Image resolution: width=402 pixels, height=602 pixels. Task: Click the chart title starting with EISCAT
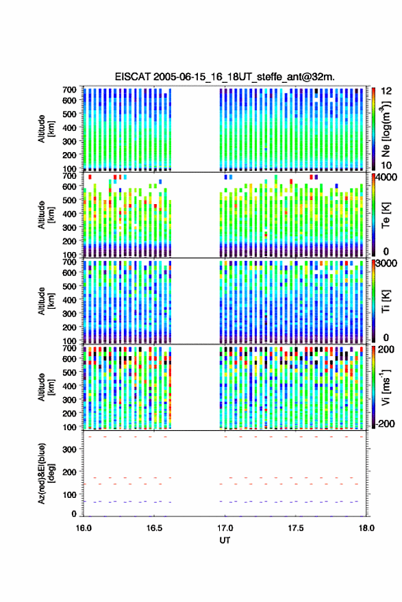click(x=225, y=77)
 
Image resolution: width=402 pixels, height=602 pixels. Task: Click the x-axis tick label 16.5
click(x=154, y=528)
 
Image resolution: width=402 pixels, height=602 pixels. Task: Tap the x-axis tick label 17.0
click(x=225, y=528)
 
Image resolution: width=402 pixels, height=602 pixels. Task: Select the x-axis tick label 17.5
click(x=296, y=528)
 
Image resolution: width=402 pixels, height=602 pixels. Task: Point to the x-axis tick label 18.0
click(x=366, y=528)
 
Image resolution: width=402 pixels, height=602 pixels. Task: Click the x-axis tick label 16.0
click(x=84, y=528)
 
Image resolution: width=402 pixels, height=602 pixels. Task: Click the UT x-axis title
click(x=225, y=540)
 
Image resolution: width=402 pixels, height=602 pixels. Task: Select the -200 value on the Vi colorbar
click(x=386, y=424)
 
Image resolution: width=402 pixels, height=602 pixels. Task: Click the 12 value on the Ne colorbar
click(x=387, y=91)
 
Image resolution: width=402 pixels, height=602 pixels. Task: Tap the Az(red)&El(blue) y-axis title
click(x=45, y=473)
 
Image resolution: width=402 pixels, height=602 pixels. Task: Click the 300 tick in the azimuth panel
click(x=69, y=449)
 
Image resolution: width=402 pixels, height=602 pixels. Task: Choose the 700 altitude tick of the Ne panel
click(x=69, y=90)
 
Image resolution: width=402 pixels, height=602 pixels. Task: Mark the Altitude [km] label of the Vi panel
click(x=45, y=387)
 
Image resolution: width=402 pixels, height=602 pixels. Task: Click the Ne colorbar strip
click(x=373, y=129)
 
